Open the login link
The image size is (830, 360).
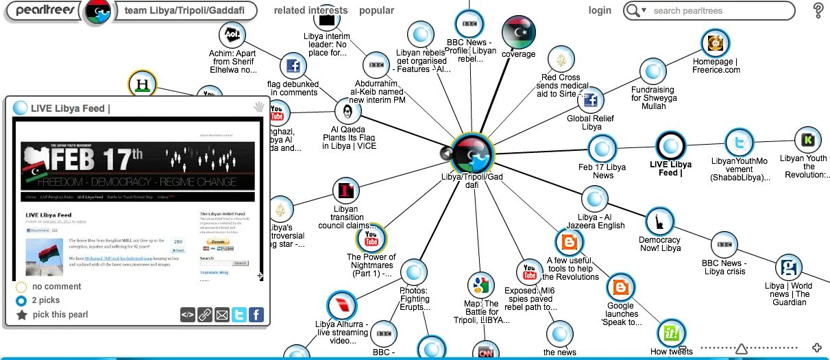(x=600, y=10)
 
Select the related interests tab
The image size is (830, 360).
(x=310, y=10)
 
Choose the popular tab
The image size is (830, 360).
(x=376, y=10)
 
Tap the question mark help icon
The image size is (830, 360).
(x=818, y=10)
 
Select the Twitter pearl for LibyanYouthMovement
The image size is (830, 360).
(x=740, y=143)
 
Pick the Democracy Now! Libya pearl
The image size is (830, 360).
(x=659, y=221)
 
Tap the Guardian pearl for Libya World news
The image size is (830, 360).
(x=789, y=267)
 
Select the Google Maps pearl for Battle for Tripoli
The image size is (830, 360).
(x=481, y=286)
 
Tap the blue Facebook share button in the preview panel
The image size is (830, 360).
(x=256, y=315)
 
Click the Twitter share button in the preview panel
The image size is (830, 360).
(x=239, y=315)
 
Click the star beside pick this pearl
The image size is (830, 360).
(x=22, y=315)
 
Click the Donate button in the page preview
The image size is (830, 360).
(x=218, y=243)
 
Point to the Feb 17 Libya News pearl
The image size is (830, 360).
(x=602, y=148)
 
